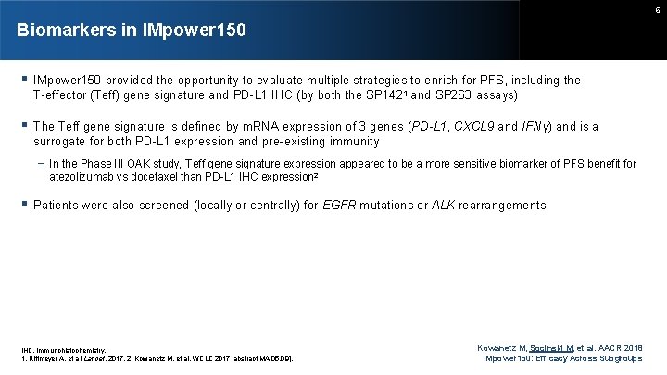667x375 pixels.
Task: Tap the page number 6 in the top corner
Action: pyautogui.click(x=656, y=8)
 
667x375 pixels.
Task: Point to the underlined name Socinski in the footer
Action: pyautogui.click(x=548, y=344)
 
